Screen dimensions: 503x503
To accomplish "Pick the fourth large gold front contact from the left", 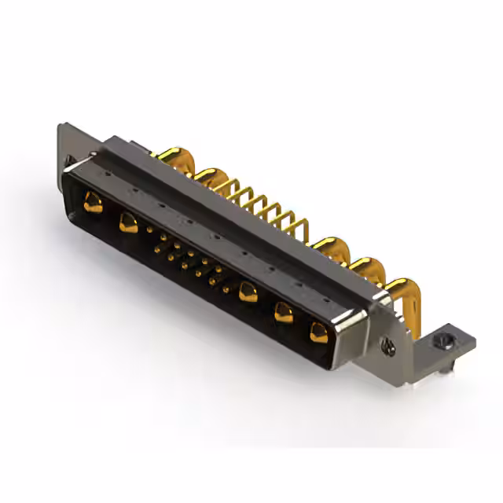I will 284,312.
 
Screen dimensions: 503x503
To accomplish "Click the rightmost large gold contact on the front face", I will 319,332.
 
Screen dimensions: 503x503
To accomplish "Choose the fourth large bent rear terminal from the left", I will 363,268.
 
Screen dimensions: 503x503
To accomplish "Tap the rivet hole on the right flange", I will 385,342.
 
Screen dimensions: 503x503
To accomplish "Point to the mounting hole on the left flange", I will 71,163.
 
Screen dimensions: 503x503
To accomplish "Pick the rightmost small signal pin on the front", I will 226,288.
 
